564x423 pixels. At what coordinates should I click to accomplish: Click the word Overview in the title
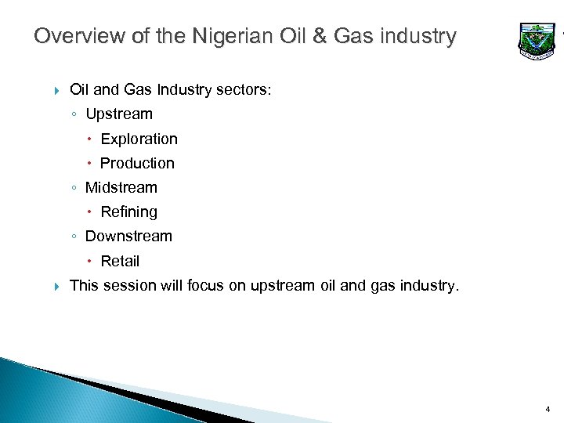click(69, 37)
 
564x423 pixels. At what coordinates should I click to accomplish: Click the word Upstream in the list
click(119, 114)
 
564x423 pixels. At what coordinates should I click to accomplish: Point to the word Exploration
click(139, 139)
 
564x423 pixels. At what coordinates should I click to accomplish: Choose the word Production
click(137, 164)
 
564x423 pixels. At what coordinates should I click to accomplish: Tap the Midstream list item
click(121, 188)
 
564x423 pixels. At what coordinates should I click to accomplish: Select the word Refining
click(128, 212)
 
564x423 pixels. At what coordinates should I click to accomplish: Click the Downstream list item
click(128, 237)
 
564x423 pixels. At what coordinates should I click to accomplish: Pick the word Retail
click(120, 262)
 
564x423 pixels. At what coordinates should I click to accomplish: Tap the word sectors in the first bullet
click(245, 90)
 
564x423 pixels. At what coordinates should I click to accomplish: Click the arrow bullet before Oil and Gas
click(56, 91)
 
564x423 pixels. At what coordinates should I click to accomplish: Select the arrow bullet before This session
click(56, 287)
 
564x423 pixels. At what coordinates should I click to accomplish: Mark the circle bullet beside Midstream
click(73, 189)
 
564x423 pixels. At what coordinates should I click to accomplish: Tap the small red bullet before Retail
click(90, 262)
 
